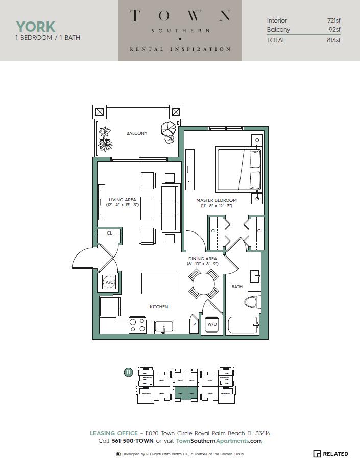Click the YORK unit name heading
(x=35, y=27)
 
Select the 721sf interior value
(x=333, y=21)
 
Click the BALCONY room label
(x=136, y=133)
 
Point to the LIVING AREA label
(x=122, y=200)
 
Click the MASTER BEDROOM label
(x=217, y=200)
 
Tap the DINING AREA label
(x=202, y=259)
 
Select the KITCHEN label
(x=158, y=307)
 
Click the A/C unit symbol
(x=109, y=282)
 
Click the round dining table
(x=204, y=284)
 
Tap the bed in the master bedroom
(x=238, y=169)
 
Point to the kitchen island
(x=158, y=283)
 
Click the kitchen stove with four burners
(x=137, y=324)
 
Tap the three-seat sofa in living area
(x=170, y=207)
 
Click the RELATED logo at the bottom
(x=330, y=454)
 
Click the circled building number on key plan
(x=128, y=372)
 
